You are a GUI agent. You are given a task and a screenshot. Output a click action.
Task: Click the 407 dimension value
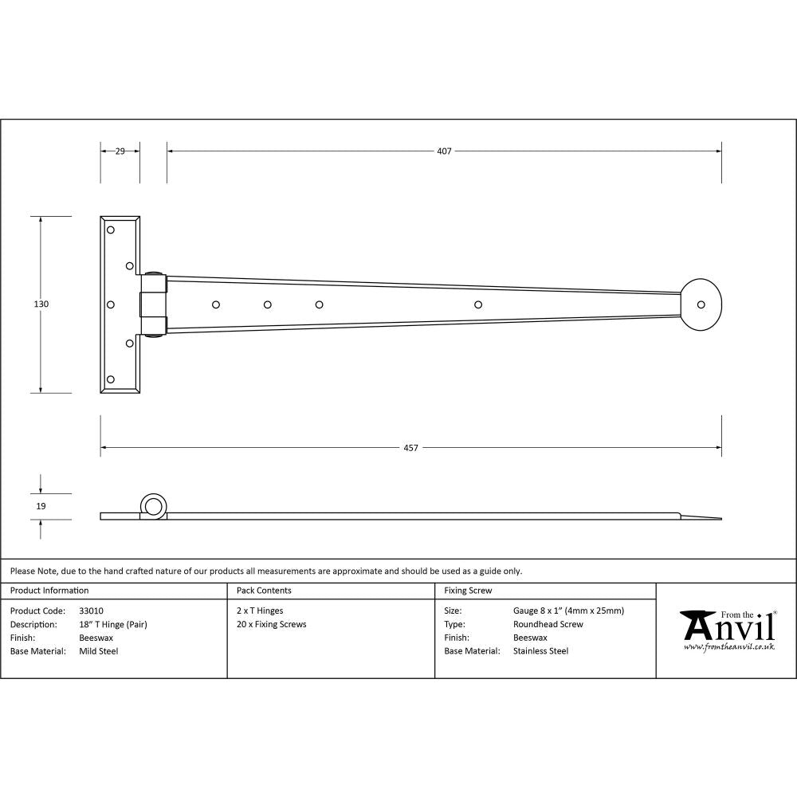444,151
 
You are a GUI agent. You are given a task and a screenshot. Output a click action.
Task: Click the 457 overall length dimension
410,448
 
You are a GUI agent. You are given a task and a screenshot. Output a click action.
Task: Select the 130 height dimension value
41,304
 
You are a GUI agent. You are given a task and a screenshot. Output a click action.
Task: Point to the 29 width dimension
120,151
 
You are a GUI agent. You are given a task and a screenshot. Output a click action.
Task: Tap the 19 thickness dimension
41,506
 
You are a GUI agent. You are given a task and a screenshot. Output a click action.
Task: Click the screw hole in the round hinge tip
701,304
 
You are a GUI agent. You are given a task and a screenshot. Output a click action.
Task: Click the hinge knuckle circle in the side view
154,505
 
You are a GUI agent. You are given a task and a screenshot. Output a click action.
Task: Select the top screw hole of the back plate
111,230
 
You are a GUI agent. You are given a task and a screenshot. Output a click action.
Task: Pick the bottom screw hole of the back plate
111,379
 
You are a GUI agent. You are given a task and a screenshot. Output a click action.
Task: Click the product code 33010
92,611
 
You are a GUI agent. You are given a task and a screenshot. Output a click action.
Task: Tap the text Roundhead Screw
548,624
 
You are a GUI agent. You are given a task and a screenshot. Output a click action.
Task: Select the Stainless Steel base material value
540,651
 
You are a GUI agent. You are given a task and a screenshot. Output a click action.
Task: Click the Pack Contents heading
264,591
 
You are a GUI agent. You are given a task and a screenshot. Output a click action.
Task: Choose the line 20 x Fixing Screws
271,624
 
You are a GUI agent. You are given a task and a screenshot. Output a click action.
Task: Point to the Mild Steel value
99,651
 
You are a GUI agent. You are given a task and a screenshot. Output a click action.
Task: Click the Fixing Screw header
468,591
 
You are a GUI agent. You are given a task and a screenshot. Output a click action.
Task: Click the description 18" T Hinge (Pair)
113,624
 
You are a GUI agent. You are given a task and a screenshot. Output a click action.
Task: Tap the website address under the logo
728,647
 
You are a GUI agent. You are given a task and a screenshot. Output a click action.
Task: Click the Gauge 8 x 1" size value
568,611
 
